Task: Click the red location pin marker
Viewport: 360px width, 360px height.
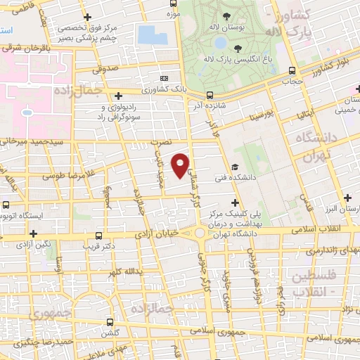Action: pyautogui.click(x=181, y=165)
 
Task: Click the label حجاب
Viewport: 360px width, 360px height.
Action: pyautogui.click(x=292, y=80)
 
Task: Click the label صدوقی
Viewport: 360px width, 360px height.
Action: pyautogui.click(x=106, y=69)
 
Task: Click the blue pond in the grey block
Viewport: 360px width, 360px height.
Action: pyautogui.click(x=148, y=34)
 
